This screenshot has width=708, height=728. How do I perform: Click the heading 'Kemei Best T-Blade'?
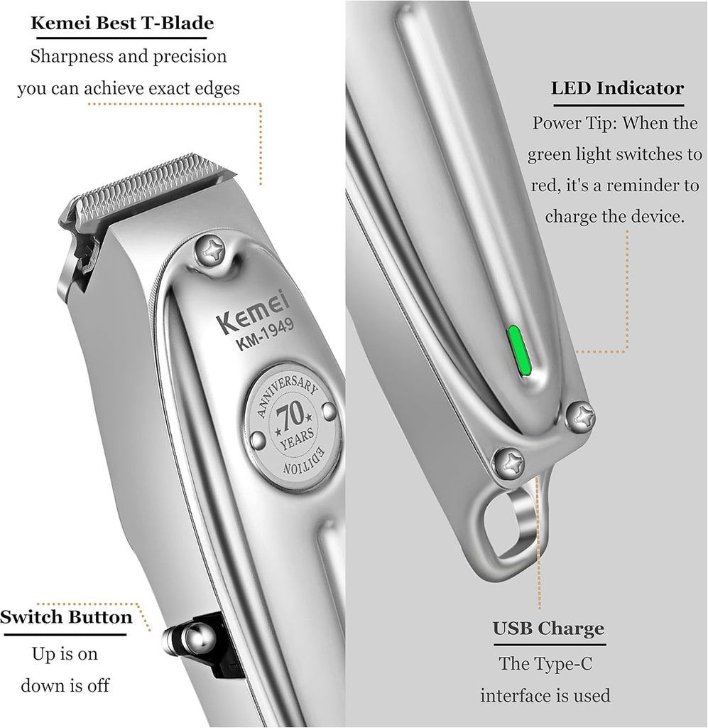[x=122, y=23]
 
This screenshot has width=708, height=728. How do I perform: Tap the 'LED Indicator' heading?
[x=617, y=87]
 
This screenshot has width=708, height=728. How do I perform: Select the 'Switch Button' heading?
[x=66, y=617]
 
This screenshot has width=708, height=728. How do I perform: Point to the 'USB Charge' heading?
[x=548, y=628]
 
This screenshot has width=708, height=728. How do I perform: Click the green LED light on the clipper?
[x=519, y=351]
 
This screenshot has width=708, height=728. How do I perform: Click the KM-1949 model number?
[x=265, y=335]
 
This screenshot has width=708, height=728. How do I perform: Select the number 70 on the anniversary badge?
[x=290, y=414]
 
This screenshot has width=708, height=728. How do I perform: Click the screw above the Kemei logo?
[x=210, y=250]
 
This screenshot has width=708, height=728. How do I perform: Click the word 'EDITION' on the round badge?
[x=304, y=462]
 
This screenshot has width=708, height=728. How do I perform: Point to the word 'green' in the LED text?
[x=549, y=155]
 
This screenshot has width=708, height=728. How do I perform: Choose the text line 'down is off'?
[x=65, y=685]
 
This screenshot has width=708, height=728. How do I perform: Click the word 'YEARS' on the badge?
[x=298, y=438]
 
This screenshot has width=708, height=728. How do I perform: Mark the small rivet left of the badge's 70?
[x=257, y=440]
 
